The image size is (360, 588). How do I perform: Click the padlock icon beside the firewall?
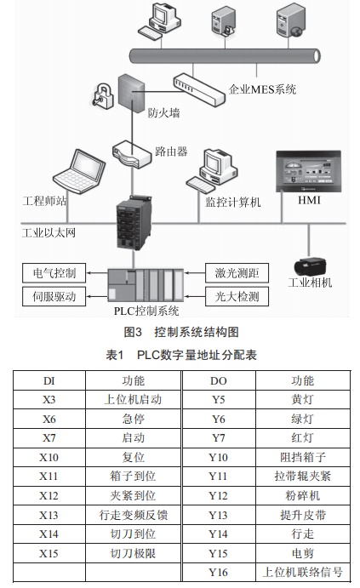[103, 95]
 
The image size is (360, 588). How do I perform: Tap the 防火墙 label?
[164, 112]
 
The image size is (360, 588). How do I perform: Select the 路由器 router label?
[171, 151]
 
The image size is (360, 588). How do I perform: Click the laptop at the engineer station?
[79, 171]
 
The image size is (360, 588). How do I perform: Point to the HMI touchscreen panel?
[309, 171]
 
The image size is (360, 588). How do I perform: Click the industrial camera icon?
[310, 266]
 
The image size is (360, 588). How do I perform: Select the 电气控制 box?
[54, 273]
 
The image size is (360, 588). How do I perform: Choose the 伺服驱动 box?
[54, 297]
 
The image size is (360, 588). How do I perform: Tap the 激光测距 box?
[237, 273]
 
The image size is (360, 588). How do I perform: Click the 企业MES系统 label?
[262, 89]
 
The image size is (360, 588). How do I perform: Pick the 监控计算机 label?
[233, 203]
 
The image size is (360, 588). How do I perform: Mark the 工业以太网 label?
[49, 233]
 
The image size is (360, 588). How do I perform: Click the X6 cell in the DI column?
[49, 419]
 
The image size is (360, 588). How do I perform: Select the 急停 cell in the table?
[133, 419]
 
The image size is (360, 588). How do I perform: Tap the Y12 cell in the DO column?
[219, 496]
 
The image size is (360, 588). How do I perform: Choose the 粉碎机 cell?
[303, 496]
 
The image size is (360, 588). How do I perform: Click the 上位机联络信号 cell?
[303, 572]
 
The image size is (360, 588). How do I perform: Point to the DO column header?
[219, 380]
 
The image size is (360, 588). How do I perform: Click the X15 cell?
[49, 553]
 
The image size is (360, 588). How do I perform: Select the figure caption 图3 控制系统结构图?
[181, 332]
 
